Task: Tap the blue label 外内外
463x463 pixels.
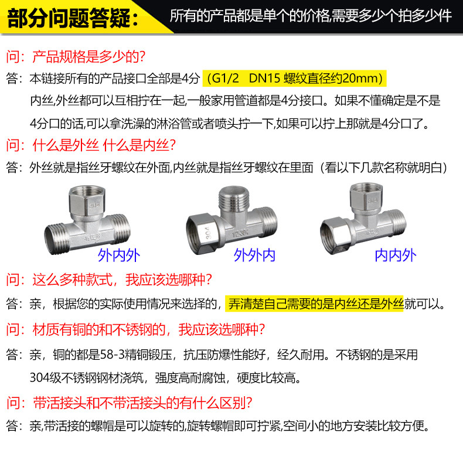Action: coord(119,255)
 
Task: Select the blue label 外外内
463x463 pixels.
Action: coord(254,255)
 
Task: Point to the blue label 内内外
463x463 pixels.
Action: coord(396,255)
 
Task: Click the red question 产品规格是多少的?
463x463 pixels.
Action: coord(88,56)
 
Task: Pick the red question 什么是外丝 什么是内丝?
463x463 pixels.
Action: coord(104,145)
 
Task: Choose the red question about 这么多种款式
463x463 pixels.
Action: coord(122,280)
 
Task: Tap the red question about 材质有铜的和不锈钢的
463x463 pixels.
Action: coord(148,329)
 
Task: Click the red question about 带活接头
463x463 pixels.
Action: coord(142,403)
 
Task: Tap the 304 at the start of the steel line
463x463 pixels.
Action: coord(39,377)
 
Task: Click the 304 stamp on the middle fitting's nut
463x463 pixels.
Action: coord(209,233)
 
